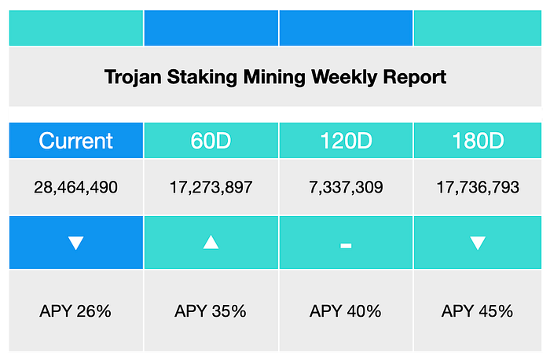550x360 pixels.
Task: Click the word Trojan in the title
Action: click(133, 78)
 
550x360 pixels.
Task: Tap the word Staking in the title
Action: click(202, 78)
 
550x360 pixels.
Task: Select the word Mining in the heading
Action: click(274, 78)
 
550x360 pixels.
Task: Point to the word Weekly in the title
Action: click(344, 78)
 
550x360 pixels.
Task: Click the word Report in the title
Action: click(415, 78)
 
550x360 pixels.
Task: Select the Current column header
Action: click(75, 141)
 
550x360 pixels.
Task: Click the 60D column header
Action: click(211, 141)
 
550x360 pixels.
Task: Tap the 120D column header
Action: click(346, 141)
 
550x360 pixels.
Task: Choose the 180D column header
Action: click(478, 141)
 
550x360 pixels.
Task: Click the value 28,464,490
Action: click(75, 187)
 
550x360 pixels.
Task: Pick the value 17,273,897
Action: click(211, 187)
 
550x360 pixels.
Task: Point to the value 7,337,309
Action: click(346, 187)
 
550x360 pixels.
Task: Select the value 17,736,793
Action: click(478, 187)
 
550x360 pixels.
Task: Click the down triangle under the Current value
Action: click(75, 242)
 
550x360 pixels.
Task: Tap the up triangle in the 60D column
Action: click(211, 242)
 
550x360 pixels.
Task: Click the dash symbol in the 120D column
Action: click(346, 245)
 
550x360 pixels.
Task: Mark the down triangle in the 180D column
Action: click(478, 242)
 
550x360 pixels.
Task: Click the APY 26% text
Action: click(75, 311)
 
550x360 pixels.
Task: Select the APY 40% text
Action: click(346, 311)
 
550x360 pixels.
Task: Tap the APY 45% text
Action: click(478, 311)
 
